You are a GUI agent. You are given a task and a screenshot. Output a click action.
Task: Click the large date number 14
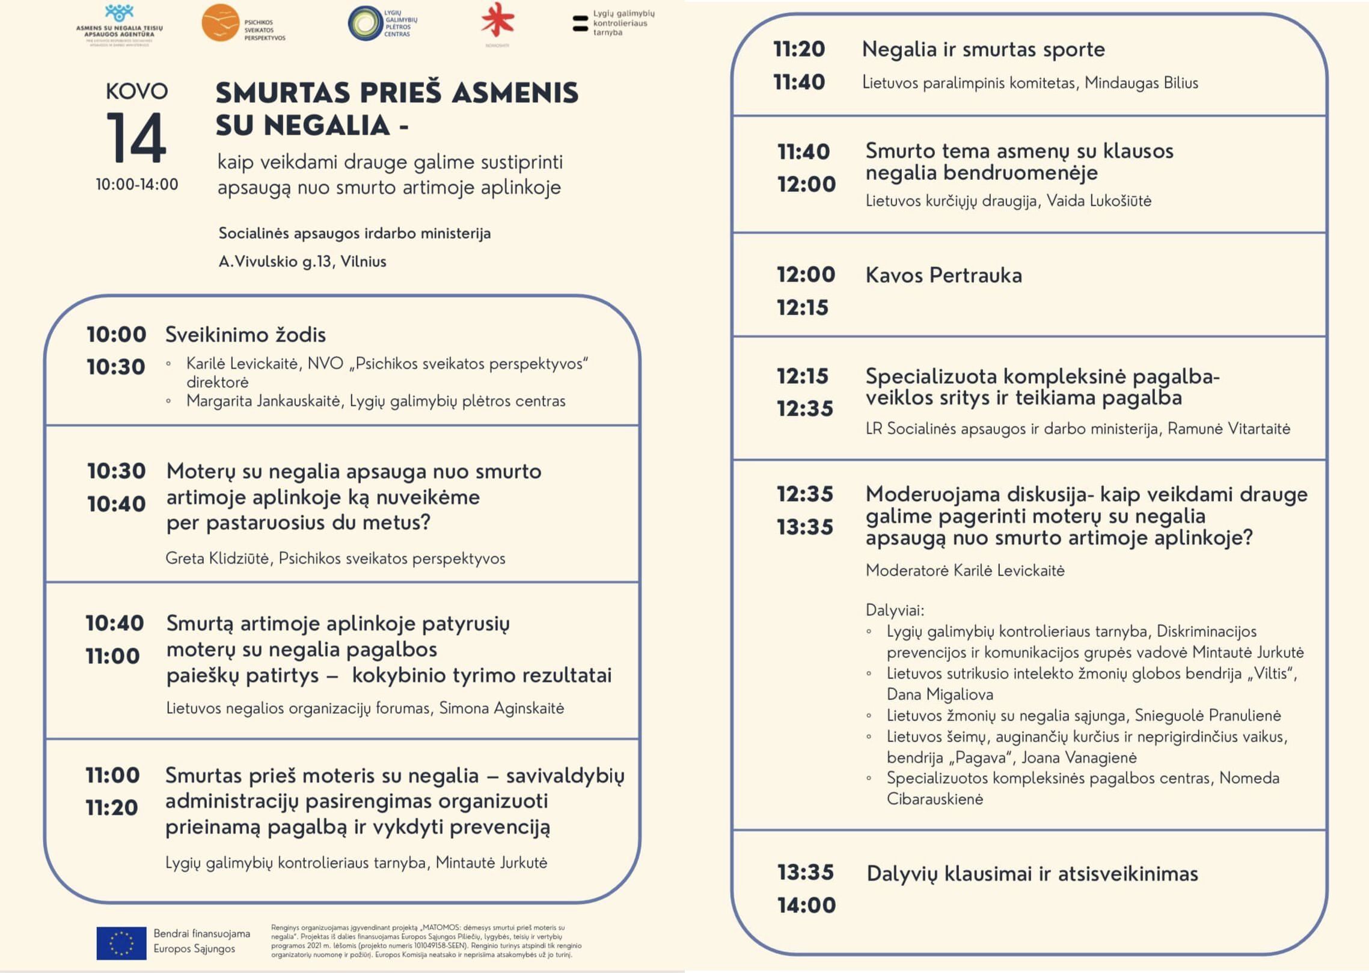tap(136, 138)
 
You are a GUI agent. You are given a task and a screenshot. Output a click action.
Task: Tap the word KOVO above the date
tap(136, 91)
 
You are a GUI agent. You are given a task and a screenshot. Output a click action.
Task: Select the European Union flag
tap(121, 942)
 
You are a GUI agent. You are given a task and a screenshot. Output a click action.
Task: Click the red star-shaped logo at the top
tap(498, 22)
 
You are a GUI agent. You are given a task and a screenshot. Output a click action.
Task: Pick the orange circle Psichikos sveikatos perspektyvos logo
tap(220, 23)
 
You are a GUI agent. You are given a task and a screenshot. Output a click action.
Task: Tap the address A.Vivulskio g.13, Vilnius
tap(302, 262)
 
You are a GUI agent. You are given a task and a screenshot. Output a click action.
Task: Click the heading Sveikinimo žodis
tap(245, 335)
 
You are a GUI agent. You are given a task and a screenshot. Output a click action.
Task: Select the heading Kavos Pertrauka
tap(943, 275)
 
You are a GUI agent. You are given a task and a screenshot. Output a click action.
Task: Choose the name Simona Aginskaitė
tap(501, 708)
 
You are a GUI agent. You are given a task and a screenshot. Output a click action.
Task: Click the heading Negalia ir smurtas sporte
tap(983, 49)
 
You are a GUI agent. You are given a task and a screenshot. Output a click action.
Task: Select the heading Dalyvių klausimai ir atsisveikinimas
tap(1032, 874)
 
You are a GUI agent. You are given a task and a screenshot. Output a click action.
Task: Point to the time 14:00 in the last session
tap(806, 905)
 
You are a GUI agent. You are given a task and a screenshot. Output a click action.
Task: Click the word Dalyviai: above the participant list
tap(895, 610)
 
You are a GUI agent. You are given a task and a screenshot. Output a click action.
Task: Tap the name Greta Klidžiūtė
tap(217, 559)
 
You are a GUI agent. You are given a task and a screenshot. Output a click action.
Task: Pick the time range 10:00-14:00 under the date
tap(136, 185)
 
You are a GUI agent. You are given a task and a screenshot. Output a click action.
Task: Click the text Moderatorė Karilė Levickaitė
tap(964, 571)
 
